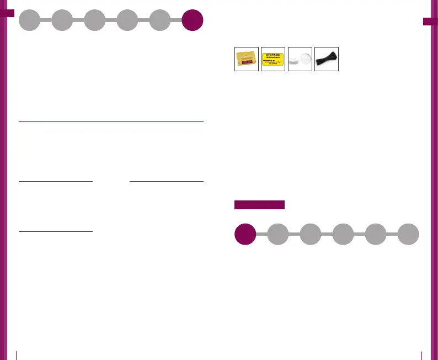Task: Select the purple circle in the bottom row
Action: tap(245, 234)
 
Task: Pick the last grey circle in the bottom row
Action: tap(408, 234)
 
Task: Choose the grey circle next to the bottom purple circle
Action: tap(277, 234)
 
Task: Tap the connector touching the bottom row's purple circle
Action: tap(261, 234)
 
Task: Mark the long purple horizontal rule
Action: tap(111, 121)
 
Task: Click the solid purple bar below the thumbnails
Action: tap(259, 205)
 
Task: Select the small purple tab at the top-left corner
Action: tap(7, 13)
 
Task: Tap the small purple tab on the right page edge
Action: tap(430, 22)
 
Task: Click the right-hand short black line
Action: tap(166, 181)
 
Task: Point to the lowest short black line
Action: tap(55, 231)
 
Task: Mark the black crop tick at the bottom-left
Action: tap(17, 354)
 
